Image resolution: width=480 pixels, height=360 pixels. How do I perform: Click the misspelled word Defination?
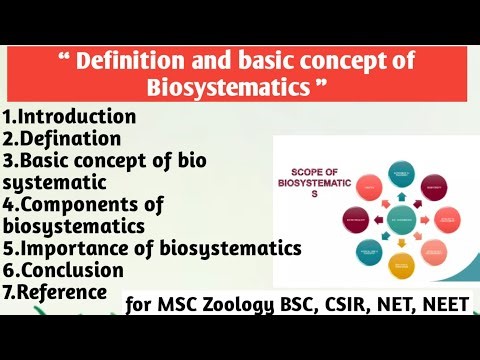[72, 139]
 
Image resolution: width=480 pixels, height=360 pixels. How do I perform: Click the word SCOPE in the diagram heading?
[309, 171]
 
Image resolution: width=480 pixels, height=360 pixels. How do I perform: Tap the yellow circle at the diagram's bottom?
[402, 267]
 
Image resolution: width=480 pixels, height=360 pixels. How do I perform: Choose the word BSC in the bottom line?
[299, 303]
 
